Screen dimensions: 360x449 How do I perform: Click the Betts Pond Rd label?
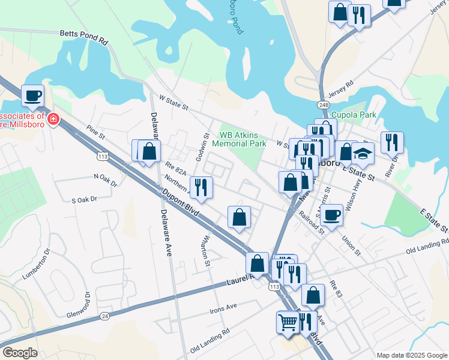[83, 38]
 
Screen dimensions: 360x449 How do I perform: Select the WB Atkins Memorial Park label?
[243, 139]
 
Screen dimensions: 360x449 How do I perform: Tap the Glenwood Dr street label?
[86, 304]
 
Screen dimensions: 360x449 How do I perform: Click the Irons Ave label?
[223, 308]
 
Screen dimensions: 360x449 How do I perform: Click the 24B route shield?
[324, 104]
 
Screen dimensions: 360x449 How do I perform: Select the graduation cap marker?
[363, 154]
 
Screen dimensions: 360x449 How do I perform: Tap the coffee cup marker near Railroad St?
[331, 214]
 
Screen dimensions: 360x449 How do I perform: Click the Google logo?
[20, 353]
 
